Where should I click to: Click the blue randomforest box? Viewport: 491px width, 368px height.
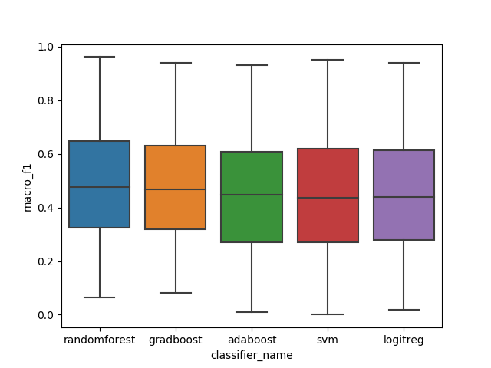point(100,184)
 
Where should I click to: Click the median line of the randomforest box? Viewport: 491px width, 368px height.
point(100,187)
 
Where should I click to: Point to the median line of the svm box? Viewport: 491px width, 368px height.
point(328,198)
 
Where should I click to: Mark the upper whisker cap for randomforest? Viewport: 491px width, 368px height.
point(100,57)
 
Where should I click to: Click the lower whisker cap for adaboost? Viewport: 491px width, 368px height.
point(252,312)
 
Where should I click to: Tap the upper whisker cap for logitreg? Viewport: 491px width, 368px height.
point(404,63)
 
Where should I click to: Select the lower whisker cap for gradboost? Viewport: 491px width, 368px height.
point(176,293)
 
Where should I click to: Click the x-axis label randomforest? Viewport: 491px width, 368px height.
point(100,339)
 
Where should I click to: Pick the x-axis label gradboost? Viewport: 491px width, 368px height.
point(176,339)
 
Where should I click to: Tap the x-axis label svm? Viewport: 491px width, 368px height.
point(328,339)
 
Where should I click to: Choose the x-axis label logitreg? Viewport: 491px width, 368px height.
point(404,339)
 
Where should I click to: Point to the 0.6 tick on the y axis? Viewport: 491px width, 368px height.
point(48,154)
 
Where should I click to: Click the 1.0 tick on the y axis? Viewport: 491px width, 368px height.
point(48,47)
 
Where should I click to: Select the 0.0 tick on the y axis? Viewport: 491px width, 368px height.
point(48,315)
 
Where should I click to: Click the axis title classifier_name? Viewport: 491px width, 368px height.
point(252,355)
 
